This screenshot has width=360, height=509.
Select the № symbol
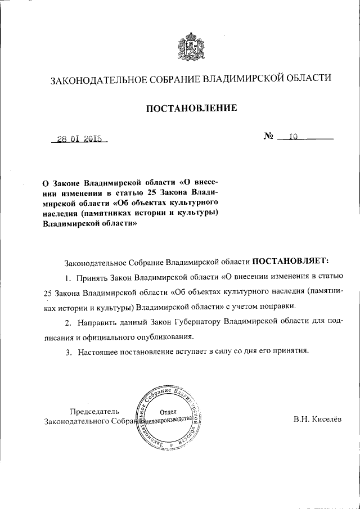(268, 136)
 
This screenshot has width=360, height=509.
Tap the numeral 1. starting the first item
(67, 277)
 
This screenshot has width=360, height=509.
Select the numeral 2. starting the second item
(67, 322)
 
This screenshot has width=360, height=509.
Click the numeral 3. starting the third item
(67, 352)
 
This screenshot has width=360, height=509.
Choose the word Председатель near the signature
(94, 411)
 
